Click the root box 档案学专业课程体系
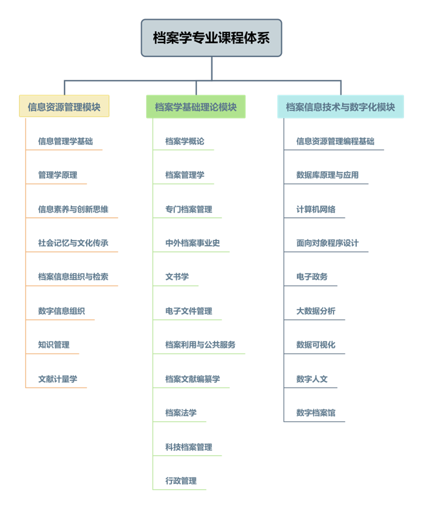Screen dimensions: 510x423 coord(212,38)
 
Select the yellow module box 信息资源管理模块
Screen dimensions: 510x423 coord(64,106)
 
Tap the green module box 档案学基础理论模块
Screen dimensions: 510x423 coord(196,107)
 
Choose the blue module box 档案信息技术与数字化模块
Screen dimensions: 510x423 coord(340,107)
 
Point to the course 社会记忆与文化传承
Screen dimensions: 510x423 coord(73,243)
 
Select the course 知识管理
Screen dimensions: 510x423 coord(54,344)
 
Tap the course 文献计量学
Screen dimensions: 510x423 coord(58,379)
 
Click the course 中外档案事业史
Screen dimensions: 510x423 coord(192,243)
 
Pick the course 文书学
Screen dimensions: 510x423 coord(177,276)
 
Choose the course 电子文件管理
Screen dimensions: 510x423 coord(188,311)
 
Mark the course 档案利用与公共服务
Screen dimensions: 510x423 coord(200,344)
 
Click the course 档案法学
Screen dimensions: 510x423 coord(181,413)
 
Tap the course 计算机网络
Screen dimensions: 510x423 coord(316,209)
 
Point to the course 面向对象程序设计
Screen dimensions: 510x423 coord(327,243)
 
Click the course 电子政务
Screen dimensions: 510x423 coord(311,276)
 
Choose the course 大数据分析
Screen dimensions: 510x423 coord(316,311)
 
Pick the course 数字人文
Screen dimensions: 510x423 coord(311,379)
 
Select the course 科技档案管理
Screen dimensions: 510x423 coord(188,447)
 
